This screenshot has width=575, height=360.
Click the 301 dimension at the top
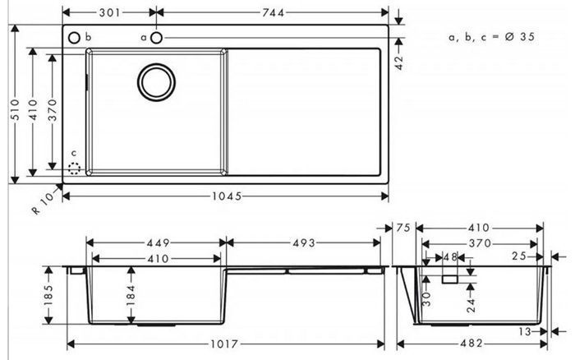tap(109, 13)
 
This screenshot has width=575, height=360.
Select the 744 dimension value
tap(273, 13)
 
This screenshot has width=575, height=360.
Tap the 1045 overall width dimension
tap(227, 196)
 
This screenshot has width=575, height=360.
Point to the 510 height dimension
tap(15, 109)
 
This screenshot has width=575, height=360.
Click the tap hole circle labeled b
tap(74, 38)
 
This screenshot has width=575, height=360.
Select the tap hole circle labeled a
tap(157, 38)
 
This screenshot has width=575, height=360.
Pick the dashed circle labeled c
tap(75, 168)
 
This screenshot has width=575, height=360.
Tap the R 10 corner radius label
tap(43, 204)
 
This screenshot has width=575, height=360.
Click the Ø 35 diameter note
tap(519, 37)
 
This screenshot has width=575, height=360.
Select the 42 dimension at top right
tap(399, 62)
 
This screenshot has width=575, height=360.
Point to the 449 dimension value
tap(159, 243)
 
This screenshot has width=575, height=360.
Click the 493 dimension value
tap(304, 243)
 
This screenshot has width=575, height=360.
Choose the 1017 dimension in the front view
tap(224, 344)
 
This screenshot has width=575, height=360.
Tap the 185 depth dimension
tap(48, 295)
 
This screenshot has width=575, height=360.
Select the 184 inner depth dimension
tap(131, 295)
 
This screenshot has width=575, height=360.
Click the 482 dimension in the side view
tap(471, 344)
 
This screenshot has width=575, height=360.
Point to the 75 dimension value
tap(403, 228)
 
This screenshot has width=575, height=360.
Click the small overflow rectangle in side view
tap(450, 279)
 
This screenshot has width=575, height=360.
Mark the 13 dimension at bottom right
tap(526, 332)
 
